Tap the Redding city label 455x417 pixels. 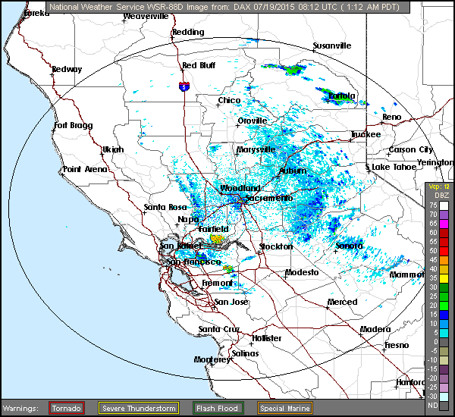coord(188,32)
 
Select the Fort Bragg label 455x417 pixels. coord(72,125)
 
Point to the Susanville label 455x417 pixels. coord(332,45)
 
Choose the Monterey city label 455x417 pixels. coord(212,359)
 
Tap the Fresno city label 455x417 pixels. coord(397,345)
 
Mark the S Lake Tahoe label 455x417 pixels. coord(391,167)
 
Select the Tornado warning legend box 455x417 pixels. coord(67,408)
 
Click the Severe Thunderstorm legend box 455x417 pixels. coord(139,408)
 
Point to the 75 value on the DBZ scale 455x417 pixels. coord(433,205)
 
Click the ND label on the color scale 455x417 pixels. coord(433,406)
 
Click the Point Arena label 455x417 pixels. coord(85,169)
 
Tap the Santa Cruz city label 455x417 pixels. coord(218,328)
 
